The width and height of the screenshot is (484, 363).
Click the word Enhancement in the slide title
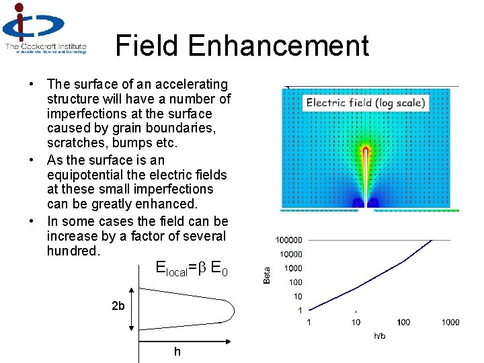[278, 46]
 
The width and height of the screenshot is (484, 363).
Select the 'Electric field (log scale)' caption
[366, 103]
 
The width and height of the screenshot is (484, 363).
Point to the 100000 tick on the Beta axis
[288, 240]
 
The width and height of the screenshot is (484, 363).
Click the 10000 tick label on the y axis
[290, 254]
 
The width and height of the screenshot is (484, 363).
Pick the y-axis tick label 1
[300, 310]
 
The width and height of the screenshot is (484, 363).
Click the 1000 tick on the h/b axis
[450, 323]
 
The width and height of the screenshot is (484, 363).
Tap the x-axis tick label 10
[356, 323]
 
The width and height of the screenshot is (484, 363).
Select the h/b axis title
[380, 336]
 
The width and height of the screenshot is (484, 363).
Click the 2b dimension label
[118, 307]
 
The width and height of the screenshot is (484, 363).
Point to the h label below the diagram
[177, 352]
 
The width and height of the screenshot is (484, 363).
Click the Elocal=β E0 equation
[192, 270]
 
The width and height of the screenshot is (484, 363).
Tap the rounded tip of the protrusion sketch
[231, 311]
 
